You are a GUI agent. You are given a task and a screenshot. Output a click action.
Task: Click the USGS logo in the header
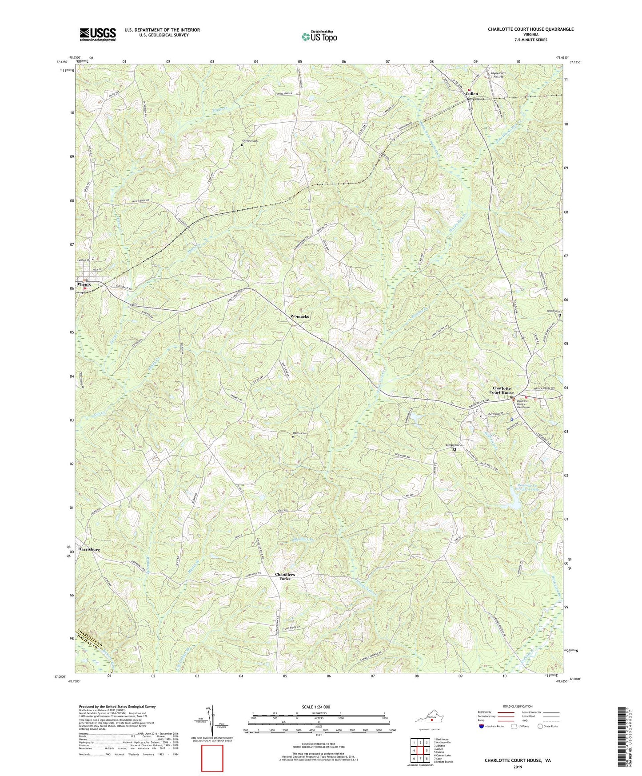click(x=98, y=34)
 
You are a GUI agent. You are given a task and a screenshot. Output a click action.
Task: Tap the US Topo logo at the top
click(x=319, y=36)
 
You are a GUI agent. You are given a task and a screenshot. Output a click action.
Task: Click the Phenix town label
click(x=84, y=284)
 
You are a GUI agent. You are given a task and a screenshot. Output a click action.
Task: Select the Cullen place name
click(x=471, y=94)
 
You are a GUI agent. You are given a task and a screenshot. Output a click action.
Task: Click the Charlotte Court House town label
click(x=501, y=390)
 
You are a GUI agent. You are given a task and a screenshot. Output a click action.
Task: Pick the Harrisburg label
click(x=89, y=549)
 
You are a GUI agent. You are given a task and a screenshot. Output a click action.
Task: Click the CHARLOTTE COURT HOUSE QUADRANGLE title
click(x=530, y=29)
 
